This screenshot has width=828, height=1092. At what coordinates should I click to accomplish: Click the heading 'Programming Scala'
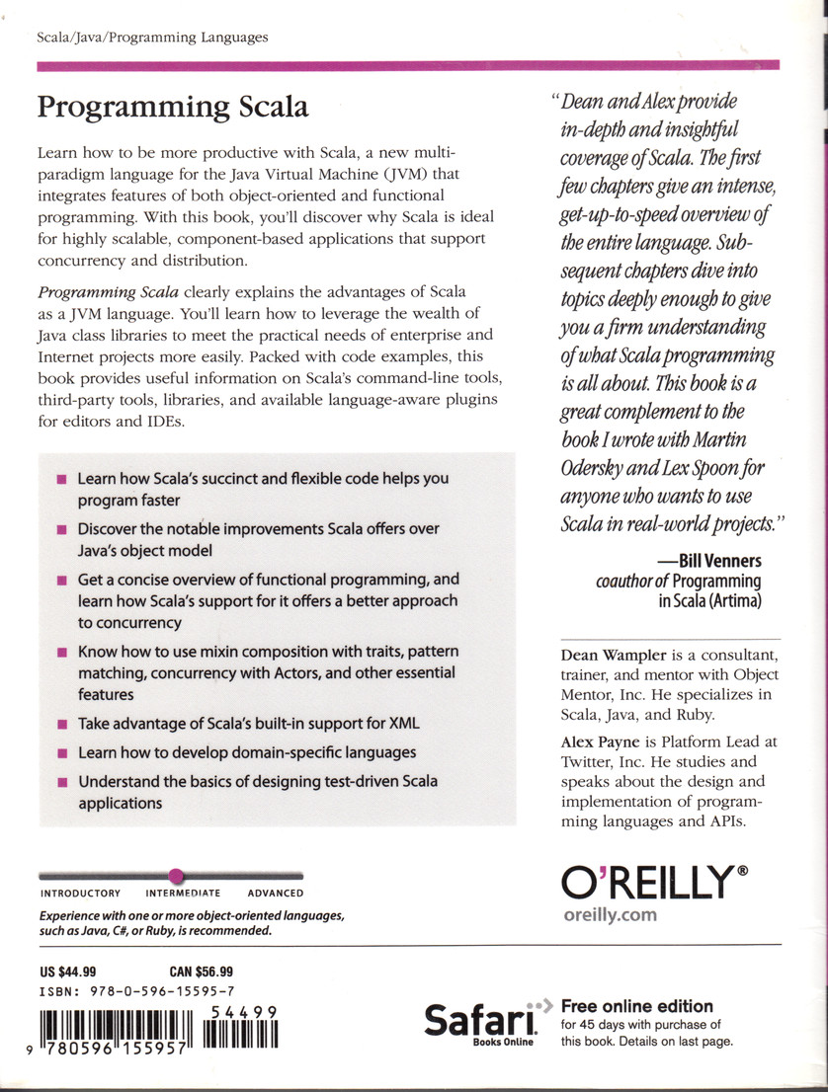click(173, 107)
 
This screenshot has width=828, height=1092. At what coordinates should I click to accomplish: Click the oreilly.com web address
click(609, 914)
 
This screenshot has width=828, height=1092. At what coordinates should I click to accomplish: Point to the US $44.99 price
click(68, 972)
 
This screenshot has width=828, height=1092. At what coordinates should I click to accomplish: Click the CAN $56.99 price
click(202, 972)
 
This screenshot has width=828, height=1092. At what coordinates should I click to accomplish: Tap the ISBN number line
click(135, 991)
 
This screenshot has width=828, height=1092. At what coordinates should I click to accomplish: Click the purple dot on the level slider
click(176, 875)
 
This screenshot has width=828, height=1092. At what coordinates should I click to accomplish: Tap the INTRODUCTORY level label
click(80, 894)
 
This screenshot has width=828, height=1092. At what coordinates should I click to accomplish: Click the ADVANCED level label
click(275, 894)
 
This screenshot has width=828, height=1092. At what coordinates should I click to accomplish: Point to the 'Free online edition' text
click(636, 1006)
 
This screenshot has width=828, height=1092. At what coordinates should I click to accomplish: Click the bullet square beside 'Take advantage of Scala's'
click(61, 724)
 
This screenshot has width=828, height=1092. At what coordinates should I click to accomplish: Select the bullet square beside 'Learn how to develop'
click(61, 753)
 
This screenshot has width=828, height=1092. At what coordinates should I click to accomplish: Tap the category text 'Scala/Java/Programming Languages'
click(152, 38)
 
